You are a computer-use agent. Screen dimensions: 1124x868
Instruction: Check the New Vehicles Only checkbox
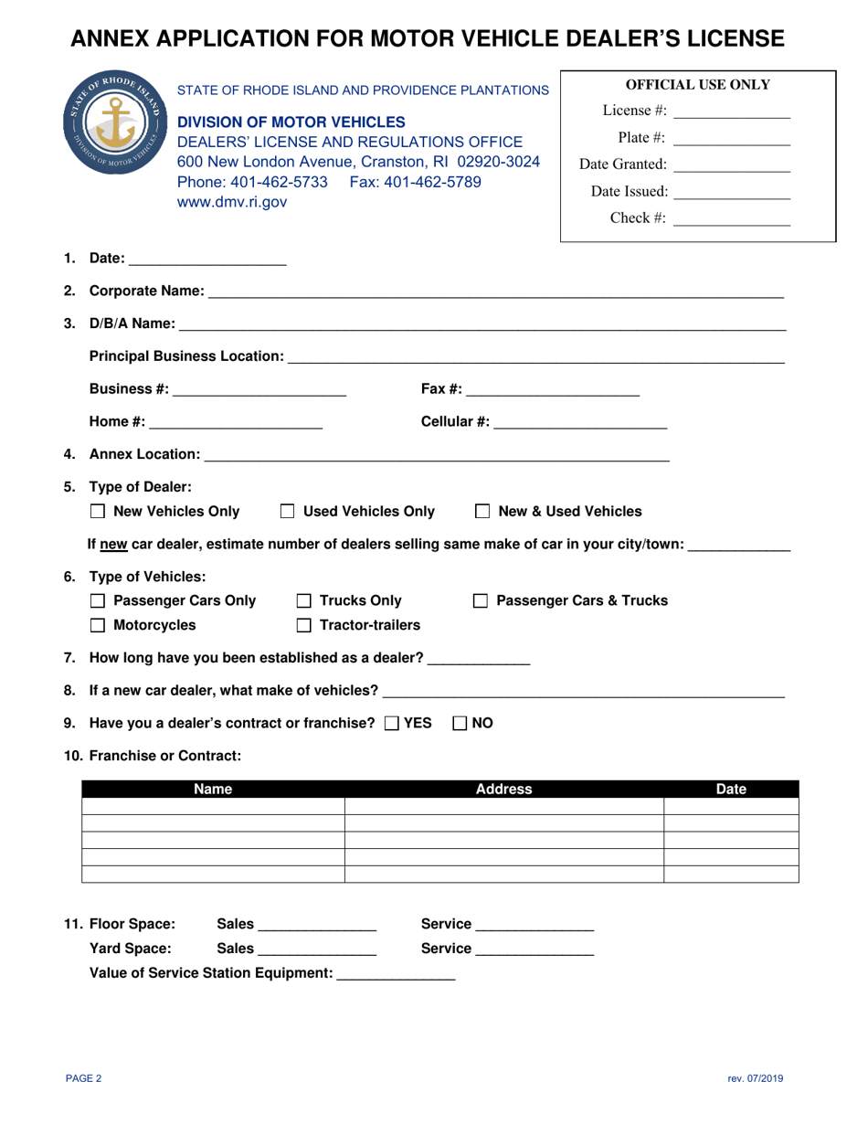click(x=98, y=512)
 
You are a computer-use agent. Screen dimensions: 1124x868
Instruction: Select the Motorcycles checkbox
click(x=98, y=626)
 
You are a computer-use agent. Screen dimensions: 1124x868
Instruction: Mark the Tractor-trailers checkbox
click(x=303, y=626)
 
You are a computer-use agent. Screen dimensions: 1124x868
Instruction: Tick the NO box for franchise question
click(x=460, y=723)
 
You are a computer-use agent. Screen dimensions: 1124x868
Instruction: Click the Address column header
click(x=503, y=790)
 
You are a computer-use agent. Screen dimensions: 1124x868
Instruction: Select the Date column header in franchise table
click(x=731, y=790)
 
